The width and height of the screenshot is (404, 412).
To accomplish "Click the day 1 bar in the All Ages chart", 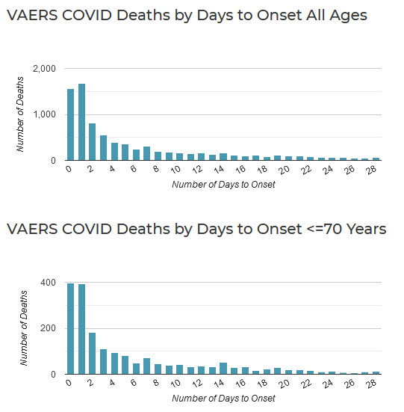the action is click(81, 122).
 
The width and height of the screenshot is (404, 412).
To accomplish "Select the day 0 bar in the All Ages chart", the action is click(70, 125).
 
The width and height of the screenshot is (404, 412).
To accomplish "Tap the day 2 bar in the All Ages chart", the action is click(93, 141).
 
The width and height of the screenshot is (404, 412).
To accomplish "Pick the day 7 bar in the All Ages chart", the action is click(146, 153).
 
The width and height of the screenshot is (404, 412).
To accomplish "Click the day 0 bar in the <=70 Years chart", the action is click(70, 329).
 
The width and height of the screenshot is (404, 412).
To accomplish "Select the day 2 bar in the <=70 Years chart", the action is click(93, 354).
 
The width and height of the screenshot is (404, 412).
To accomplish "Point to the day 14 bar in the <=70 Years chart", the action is click(223, 369).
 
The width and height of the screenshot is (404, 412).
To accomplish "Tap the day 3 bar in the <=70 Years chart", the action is click(103, 362).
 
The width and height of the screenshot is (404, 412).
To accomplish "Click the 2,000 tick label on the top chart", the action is click(44, 69).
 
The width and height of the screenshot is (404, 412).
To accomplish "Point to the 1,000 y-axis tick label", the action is click(44, 114).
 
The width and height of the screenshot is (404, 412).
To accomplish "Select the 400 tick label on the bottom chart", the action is click(48, 283).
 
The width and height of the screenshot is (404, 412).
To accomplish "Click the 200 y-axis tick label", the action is click(48, 328).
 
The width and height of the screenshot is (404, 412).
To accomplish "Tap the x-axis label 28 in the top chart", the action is click(371, 170).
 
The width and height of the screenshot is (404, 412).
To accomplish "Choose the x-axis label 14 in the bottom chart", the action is click(219, 384).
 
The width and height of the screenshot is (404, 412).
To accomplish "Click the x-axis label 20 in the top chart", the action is click(284, 170).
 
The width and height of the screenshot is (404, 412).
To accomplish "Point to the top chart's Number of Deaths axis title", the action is click(20, 114).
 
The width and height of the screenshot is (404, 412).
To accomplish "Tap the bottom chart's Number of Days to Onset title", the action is click(223, 399).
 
